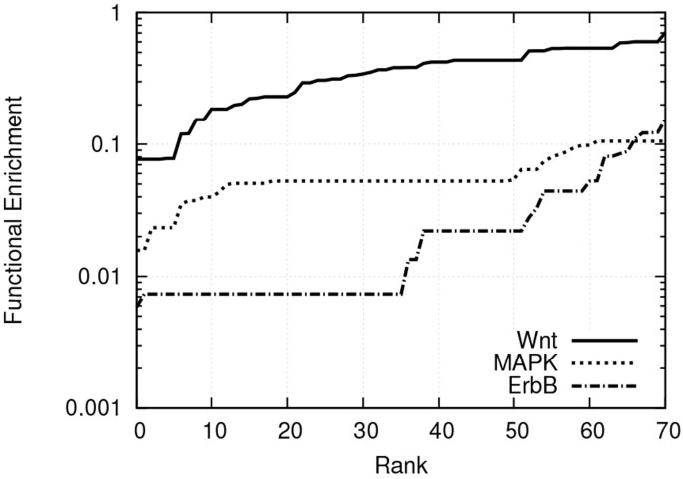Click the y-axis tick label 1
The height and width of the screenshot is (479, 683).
point(115,15)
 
